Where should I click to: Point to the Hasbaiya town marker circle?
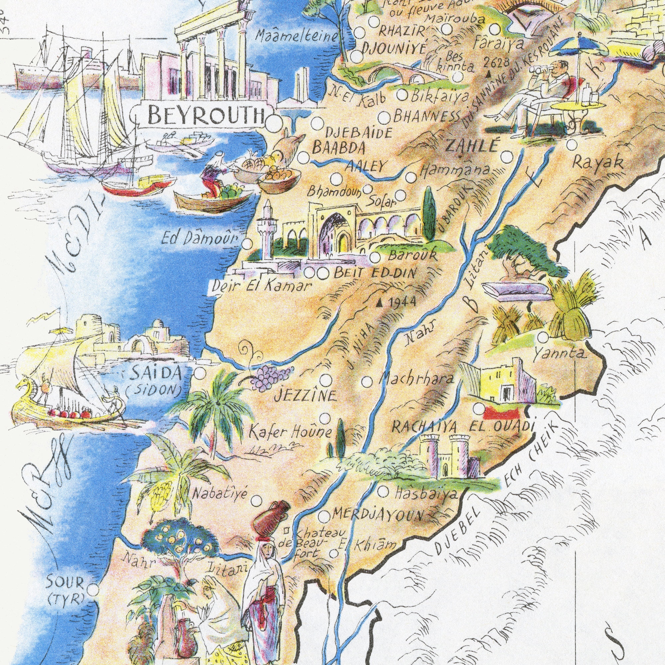point(383,491)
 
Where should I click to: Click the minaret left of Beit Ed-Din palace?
point(267,231)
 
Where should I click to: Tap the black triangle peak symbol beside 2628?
point(488,73)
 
